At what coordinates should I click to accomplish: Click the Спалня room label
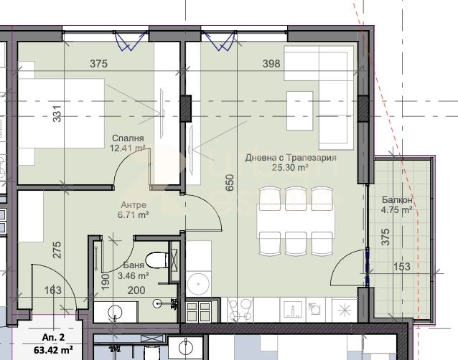pos(128,138)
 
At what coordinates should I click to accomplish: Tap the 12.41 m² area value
pos(128,148)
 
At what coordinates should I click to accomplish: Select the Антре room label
pos(134,205)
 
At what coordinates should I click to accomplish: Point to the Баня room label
pos(134,265)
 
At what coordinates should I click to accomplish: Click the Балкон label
pos(397,200)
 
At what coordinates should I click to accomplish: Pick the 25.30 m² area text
pos(291,168)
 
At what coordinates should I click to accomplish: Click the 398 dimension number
pos(271,64)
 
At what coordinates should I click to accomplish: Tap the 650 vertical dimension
pos(230,183)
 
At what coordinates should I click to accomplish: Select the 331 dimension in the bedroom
pos(57,113)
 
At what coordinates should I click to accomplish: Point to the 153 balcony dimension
pos(401,267)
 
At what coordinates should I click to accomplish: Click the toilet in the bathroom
pos(157,260)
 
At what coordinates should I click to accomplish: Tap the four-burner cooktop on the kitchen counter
pos(240,310)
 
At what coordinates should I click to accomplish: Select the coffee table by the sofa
pos(299,110)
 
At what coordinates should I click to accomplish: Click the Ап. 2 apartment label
pos(53,338)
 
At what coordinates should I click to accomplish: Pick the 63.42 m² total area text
pos(53,349)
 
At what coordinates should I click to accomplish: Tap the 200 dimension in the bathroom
pos(136,290)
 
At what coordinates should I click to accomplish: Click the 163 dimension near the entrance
pos(53,290)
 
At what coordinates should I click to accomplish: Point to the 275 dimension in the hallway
pos(57,250)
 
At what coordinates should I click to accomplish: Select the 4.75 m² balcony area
pos(397,209)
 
